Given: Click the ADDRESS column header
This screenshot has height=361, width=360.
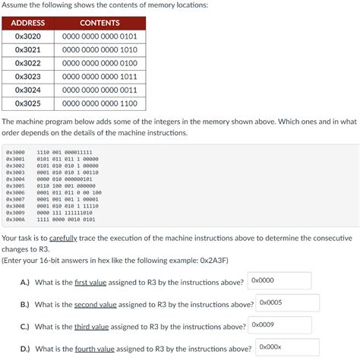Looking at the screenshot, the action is (28, 23).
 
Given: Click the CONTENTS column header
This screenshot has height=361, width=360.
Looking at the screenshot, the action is (99, 23).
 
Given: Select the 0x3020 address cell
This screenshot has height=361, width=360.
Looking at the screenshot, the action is (28, 36).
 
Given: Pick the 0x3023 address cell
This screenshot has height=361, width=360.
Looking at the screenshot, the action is (28, 77).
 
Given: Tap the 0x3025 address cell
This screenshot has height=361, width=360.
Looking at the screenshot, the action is (28, 103).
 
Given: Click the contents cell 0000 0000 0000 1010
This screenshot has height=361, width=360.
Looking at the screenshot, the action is (99, 50).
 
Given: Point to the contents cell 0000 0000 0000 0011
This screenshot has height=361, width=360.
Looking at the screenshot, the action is (99, 90).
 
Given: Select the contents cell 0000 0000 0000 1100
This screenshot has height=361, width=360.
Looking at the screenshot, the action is (99, 103).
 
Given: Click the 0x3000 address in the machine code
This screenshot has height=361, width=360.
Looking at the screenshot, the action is (15, 152).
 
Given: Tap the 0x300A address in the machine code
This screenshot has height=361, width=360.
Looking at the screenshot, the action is (15, 220).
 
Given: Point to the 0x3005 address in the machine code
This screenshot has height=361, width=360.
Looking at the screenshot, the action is (15, 185).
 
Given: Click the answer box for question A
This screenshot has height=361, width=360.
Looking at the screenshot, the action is (279, 281).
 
